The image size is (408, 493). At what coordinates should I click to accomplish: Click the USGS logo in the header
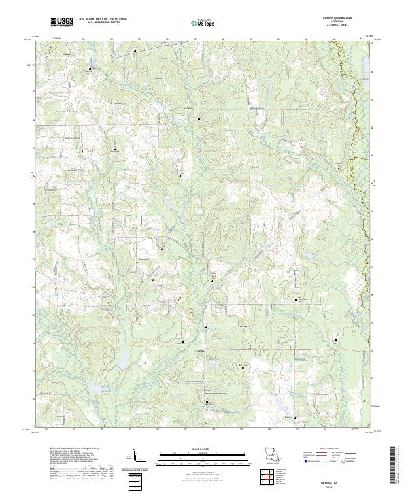point(62,22)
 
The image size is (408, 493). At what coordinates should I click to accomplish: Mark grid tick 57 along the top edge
point(195,39)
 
